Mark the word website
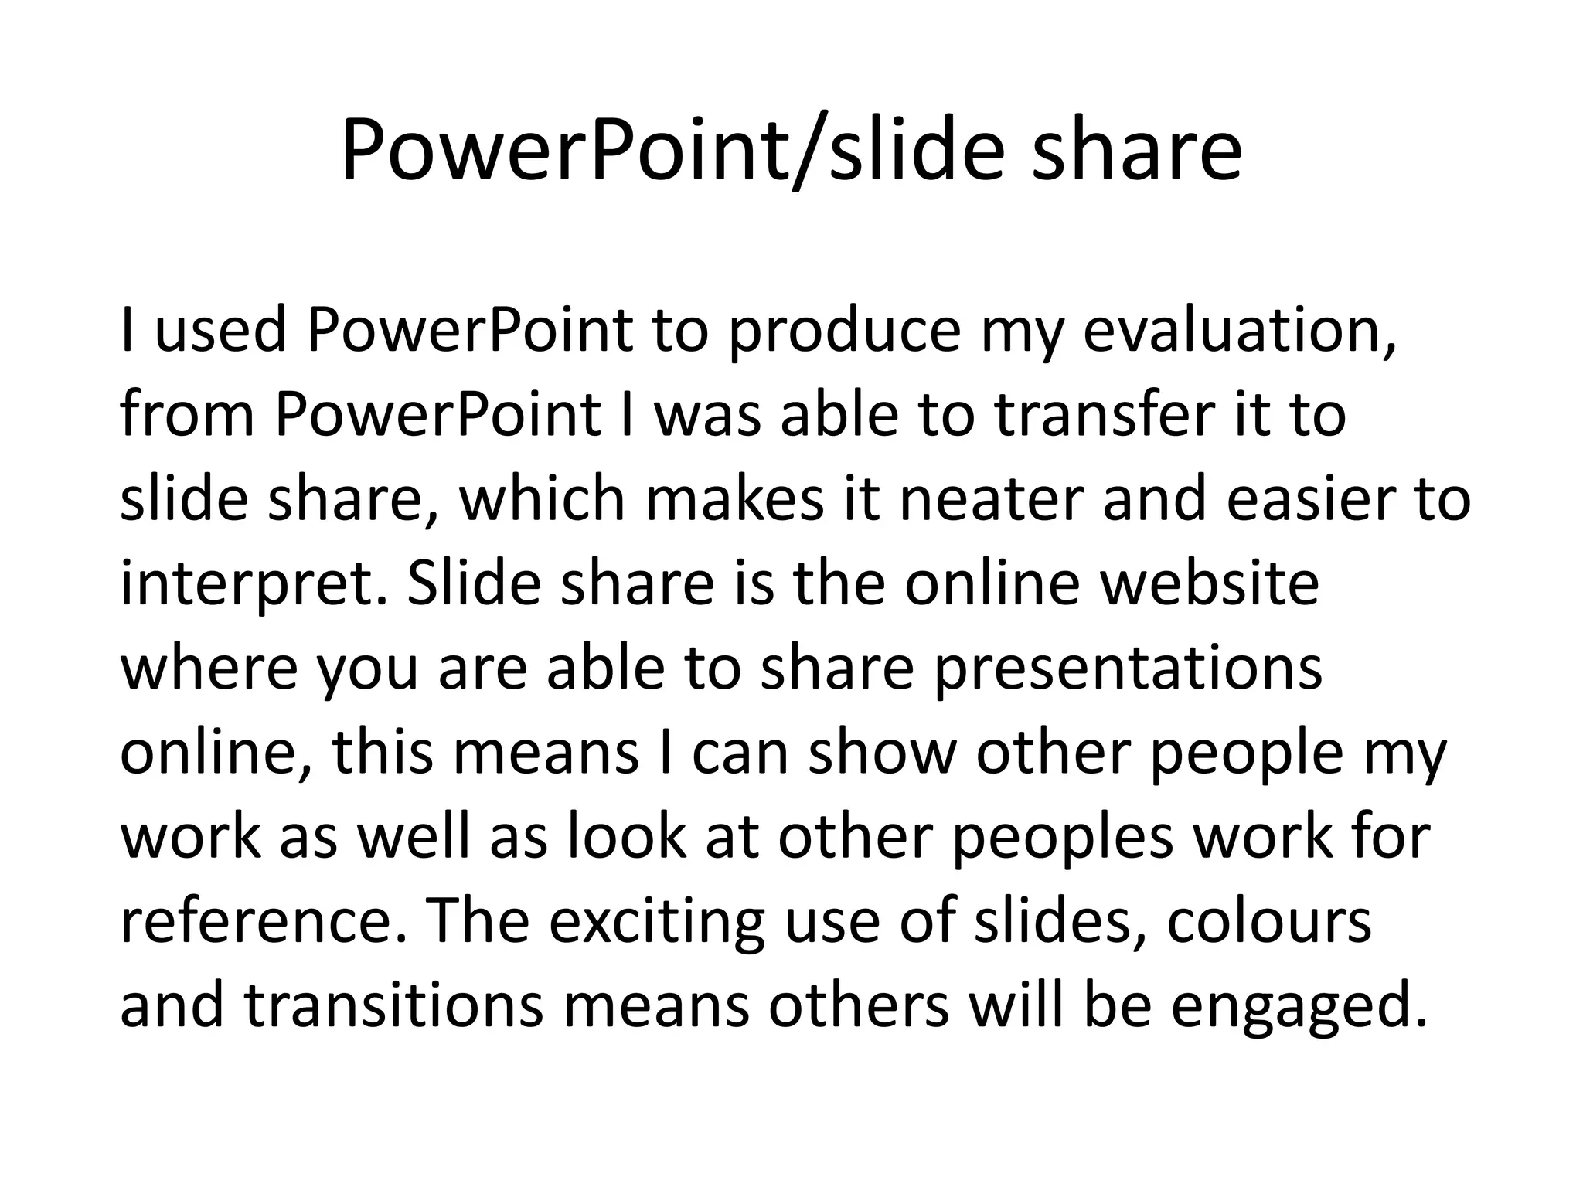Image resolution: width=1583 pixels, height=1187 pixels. click(x=1209, y=584)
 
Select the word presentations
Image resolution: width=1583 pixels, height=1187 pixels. click(x=1128, y=669)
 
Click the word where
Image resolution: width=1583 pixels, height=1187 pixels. click(x=209, y=669)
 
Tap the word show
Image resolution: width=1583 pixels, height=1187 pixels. click(x=882, y=753)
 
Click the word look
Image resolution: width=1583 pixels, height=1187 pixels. click(x=627, y=838)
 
